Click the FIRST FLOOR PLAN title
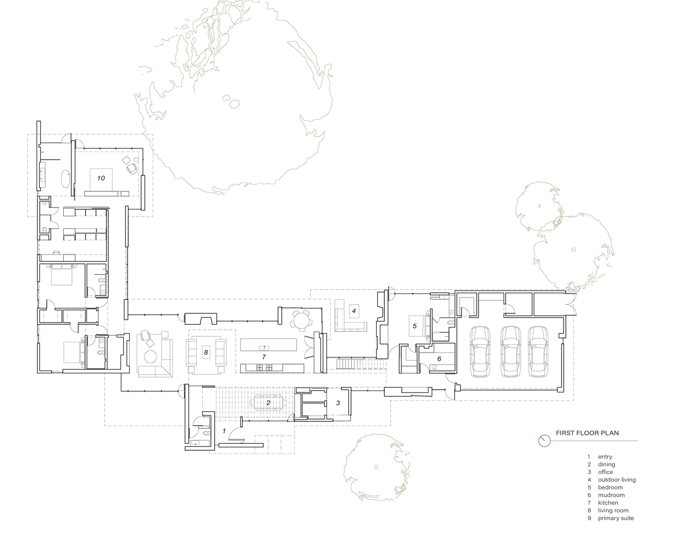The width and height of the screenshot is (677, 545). (587, 433)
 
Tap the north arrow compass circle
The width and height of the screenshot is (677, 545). (545, 441)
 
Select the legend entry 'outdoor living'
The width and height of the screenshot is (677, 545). (616, 480)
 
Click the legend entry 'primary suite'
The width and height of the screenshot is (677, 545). (615, 518)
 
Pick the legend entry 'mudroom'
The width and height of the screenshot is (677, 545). (611, 495)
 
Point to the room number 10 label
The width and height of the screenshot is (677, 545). (101, 178)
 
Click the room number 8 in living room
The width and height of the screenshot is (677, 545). (206, 353)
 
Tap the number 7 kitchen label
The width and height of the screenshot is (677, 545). (264, 357)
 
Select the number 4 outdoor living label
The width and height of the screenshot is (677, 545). (354, 311)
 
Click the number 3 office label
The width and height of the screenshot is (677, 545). (338, 403)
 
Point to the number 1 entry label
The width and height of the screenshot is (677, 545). (224, 431)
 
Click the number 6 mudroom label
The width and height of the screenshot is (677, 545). (439, 359)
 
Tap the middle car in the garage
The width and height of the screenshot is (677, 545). (511, 351)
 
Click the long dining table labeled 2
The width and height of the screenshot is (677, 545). (268, 403)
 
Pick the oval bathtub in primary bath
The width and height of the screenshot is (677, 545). (66, 179)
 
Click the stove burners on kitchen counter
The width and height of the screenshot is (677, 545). (264, 367)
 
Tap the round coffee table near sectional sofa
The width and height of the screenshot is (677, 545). (150, 356)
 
